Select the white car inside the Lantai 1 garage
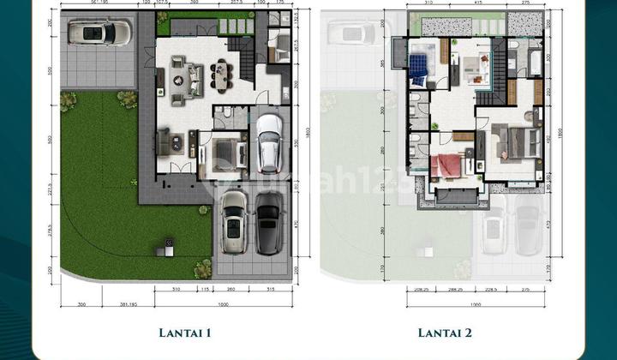(268, 141)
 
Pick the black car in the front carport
(268, 222)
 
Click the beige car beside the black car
(234, 221)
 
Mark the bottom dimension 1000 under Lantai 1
(221, 306)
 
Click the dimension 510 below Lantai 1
(175, 290)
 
